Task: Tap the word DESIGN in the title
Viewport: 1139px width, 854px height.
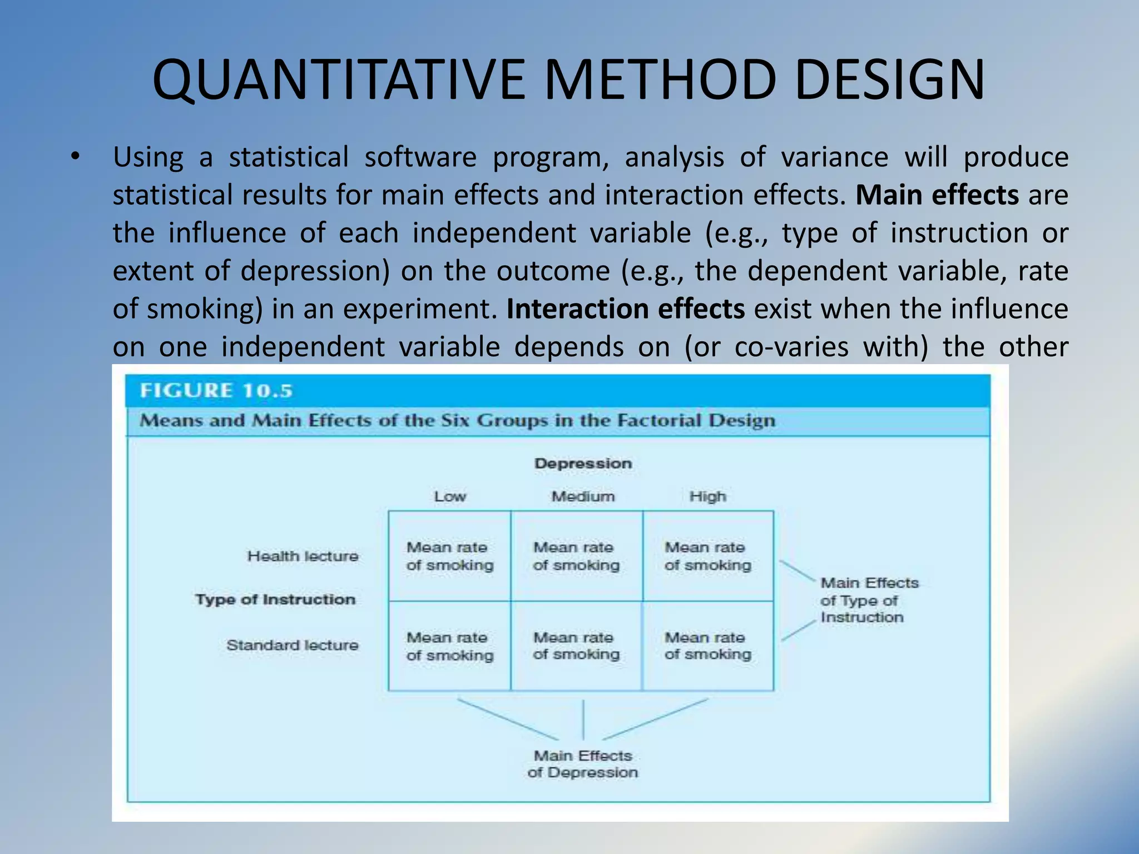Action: point(890,81)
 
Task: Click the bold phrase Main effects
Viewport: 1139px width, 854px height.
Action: point(937,195)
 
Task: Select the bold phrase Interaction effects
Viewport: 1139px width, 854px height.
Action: point(625,309)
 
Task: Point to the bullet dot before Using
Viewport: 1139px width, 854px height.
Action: point(75,158)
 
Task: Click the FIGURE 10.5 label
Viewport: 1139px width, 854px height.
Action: point(216,390)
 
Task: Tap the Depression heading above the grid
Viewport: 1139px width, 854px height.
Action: point(583,463)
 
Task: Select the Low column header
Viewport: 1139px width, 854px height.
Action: point(450,496)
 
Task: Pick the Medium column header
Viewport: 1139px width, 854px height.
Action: point(583,496)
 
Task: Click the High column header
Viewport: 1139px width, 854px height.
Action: point(707,496)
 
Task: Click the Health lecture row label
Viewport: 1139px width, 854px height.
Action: point(303,556)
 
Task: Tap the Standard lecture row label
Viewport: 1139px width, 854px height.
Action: point(292,645)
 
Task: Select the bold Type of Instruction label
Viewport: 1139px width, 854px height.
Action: point(275,599)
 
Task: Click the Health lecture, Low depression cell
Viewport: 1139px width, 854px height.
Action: point(449,556)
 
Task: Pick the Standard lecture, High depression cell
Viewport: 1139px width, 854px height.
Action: point(707,646)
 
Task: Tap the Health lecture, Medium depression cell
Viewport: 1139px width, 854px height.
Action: point(576,556)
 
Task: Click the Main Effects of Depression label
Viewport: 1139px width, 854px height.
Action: point(583,764)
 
